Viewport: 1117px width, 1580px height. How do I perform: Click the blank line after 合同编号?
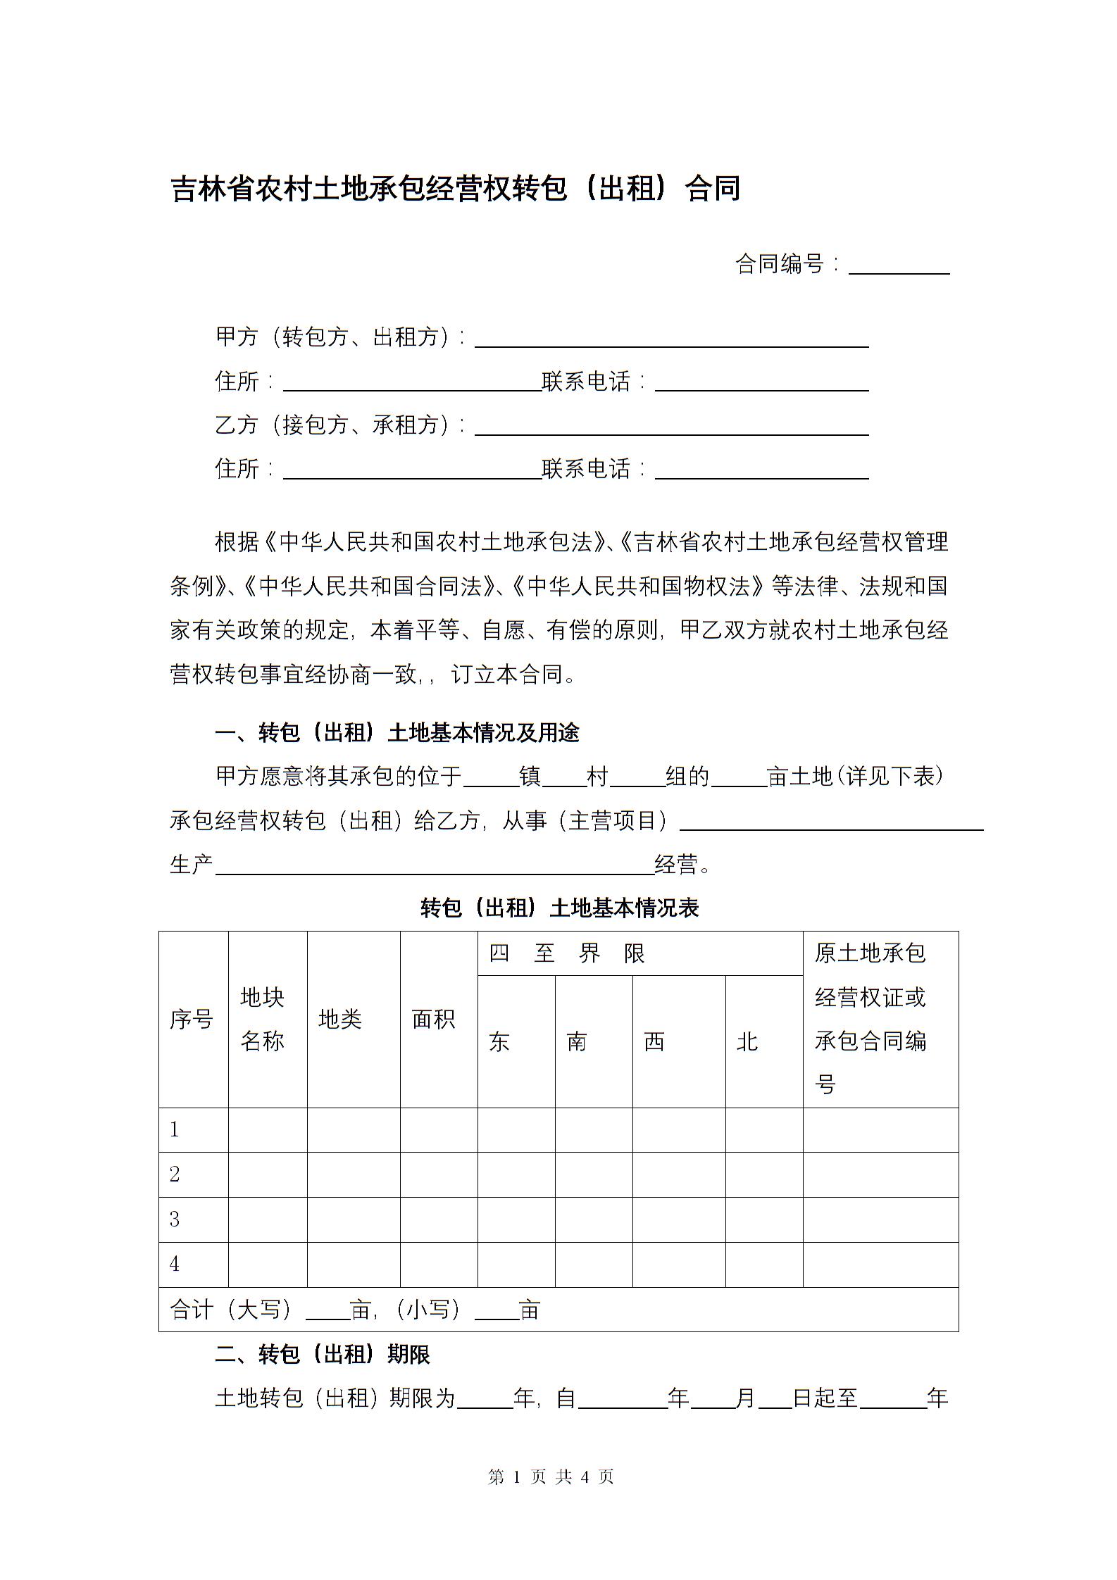coord(899,265)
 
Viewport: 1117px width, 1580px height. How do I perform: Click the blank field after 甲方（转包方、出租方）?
coord(671,339)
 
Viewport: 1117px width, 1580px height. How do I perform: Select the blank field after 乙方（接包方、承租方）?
coord(671,427)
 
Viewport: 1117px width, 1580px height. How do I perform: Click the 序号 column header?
coord(192,1019)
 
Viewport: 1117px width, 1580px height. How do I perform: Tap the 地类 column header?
coord(340,1019)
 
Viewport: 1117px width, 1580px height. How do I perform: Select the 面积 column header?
coord(433,1019)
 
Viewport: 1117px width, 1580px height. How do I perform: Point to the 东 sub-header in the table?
coord(499,1041)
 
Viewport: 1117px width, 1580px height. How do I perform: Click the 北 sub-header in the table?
coord(747,1041)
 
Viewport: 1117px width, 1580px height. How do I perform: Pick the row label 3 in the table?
coord(175,1220)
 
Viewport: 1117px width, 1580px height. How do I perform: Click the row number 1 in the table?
coord(175,1129)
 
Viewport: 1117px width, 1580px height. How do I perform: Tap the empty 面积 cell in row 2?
coord(439,1174)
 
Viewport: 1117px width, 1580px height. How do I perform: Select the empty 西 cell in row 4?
coord(678,1265)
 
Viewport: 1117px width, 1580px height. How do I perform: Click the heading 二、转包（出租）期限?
coord(323,1354)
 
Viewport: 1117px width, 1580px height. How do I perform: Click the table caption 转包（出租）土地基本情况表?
coord(559,908)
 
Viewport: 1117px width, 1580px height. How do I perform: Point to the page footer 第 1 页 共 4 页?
coord(551,1476)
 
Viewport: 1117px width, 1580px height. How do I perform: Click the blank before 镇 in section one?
coord(491,778)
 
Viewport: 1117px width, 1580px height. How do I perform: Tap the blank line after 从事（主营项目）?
coord(831,822)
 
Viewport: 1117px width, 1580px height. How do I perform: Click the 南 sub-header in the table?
coord(577,1041)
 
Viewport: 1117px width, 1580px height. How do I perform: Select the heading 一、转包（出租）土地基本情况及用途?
coord(397,733)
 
